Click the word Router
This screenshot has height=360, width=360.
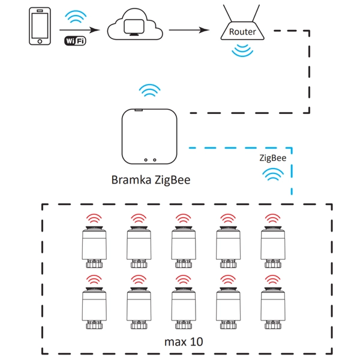(x=243, y=32)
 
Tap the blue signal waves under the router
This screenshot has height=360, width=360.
(x=243, y=50)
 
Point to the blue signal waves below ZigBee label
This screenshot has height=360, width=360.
(x=274, y=175)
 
